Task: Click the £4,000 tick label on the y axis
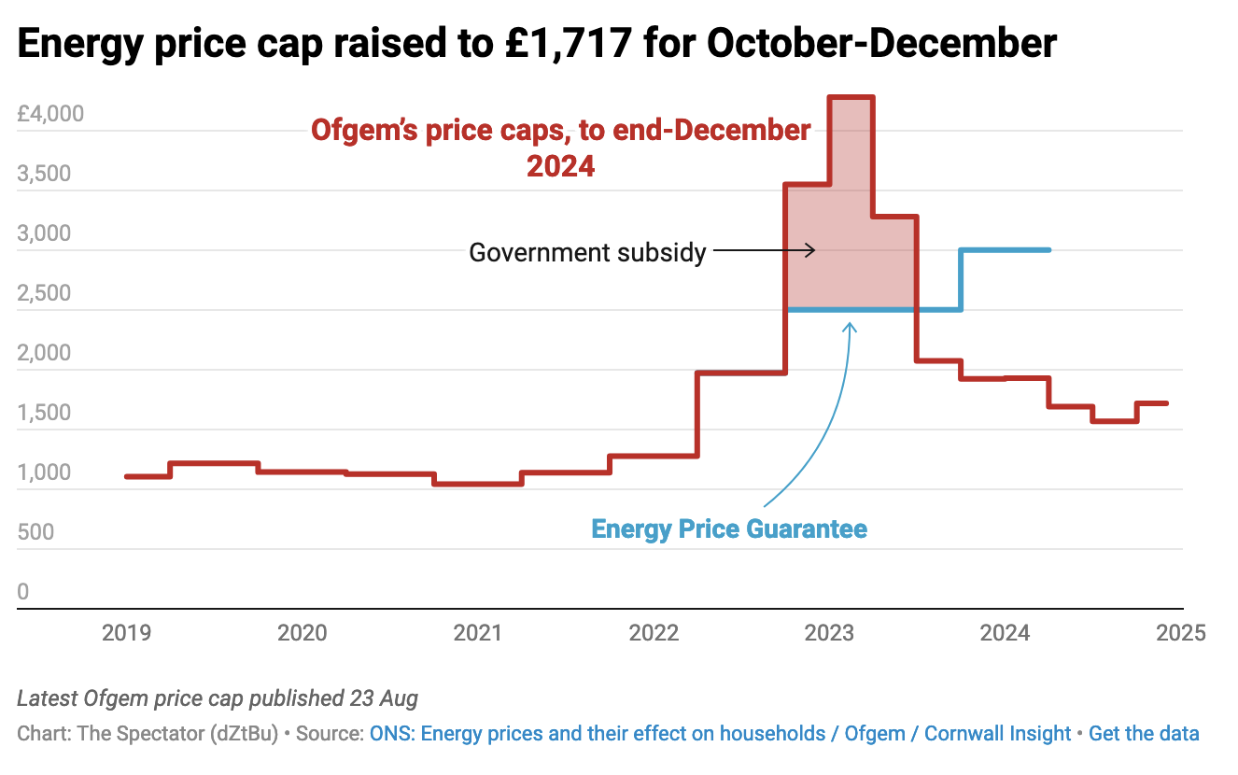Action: pyautogui.click(x=63, y=114)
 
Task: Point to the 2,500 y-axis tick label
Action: pyautogui.click(x=44, y=293)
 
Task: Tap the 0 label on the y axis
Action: pyautogui.click(x=23, y=592)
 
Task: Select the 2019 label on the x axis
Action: pyautogui.click(x=126, y=633)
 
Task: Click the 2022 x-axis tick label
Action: pyautogui.click(x=654, y=633)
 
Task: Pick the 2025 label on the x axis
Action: pyautogui.click(x=1180, y=633)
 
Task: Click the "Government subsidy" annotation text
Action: pyautogui.click(x=587, y=252)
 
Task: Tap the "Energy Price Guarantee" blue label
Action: pyautogui.click(x=729, y=529)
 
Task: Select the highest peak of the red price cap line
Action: pyautogui.click(x=851, y=97)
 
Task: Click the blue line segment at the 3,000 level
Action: pyautogui.click(x=1005, y=250)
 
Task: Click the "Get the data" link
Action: pyautogui.click(x=1144, y=734)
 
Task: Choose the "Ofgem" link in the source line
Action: pyautogui.click(x=875, y=734)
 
